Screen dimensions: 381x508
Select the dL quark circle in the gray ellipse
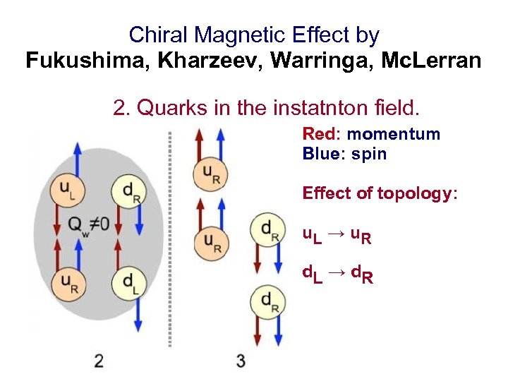tap(127, 282)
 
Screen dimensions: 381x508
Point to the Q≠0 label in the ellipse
tap(88, 224)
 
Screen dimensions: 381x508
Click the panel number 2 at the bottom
tap(99, 361)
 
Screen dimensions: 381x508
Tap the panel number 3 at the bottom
tap(241, 361)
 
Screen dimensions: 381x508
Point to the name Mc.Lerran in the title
tap(431, 61)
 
